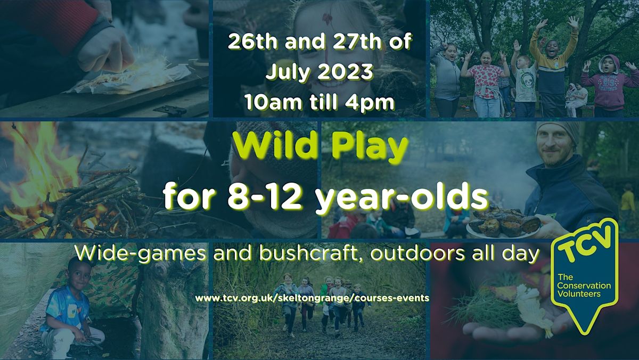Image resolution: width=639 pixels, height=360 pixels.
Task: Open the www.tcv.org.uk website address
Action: point(312,298)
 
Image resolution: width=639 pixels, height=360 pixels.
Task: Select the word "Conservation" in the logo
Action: point(584,285)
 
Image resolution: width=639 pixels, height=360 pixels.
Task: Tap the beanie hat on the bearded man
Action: point(557,132)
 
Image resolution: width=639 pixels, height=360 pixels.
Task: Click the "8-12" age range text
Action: point(265,198)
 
